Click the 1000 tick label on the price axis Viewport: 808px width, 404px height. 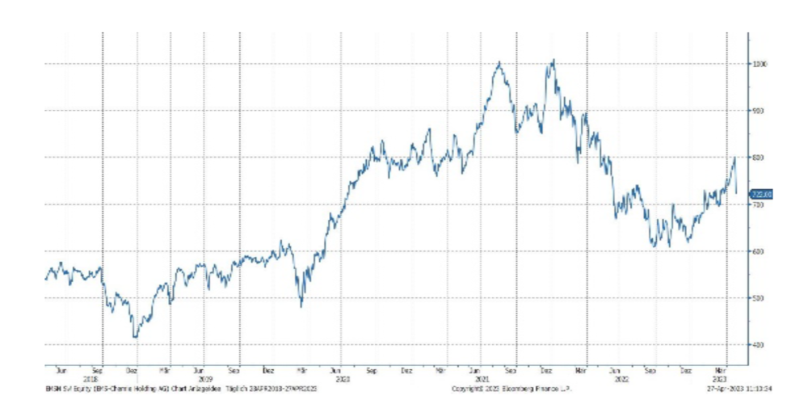click(760, 63)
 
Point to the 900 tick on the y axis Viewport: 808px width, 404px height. click(760, 110)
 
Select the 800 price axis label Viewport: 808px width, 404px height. click(760, 157)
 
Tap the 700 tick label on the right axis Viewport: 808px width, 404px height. click(760, 204)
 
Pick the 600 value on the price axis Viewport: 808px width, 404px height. click(760, 251)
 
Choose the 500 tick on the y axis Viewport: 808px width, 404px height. click(760, 298)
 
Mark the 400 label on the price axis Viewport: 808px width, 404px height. click(760, 345)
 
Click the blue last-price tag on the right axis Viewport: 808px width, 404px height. click(762, 194)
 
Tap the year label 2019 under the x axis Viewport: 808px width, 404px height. click(205, 377)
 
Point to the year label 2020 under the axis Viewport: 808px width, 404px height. click(342, 377)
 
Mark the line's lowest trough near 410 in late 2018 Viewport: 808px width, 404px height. click(135, 337)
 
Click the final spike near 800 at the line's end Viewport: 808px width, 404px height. click(734, 158)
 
